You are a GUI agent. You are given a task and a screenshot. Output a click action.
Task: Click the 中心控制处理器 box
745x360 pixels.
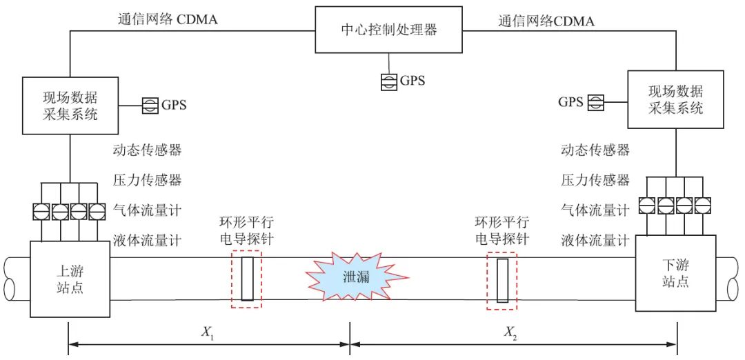[390, 30]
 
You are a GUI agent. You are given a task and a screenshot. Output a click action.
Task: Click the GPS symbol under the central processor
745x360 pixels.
[390, 81]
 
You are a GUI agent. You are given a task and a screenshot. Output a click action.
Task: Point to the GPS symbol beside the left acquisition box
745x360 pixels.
[150, 106]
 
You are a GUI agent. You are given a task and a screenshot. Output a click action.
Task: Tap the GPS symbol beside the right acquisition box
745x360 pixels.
[595, 103]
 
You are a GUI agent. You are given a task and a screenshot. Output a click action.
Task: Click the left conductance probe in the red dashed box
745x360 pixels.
[248, 278]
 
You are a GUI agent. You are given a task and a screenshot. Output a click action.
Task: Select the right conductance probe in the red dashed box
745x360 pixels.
[502, 280]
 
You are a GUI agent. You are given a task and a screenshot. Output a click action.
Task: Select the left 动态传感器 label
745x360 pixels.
[147, 150]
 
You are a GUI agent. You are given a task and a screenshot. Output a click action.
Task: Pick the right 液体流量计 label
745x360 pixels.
[595, 241]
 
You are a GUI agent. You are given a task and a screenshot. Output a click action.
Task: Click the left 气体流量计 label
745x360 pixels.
[147, 210]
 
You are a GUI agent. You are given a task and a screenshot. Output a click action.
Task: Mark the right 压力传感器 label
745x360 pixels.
[595, 180]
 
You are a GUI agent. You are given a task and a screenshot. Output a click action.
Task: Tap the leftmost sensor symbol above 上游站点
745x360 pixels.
[41, 210]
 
